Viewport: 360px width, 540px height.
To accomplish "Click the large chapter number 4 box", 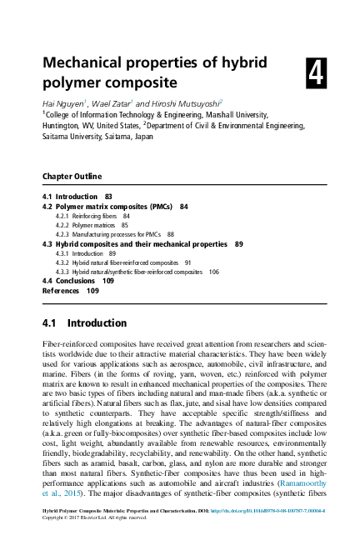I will (x=316, y=75).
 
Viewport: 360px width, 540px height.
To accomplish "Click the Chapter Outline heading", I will (x=72, y=177).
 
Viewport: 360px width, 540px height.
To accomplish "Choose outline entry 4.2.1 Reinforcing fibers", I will (x=92, y=215).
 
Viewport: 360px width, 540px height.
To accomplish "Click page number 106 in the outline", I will (x=213, y=272).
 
